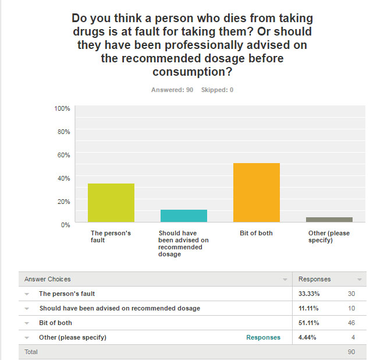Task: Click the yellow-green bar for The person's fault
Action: (111, 203)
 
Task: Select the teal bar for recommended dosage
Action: (184, 216)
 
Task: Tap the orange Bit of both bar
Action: (257, 192)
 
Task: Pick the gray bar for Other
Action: (329, 220)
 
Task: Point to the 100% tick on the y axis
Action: (62, 108)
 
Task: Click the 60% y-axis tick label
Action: (63, 154)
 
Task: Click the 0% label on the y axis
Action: (66, 224)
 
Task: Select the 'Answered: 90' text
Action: (172, 90)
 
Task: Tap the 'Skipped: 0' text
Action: (217, 90)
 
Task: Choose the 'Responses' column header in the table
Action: (315, 279)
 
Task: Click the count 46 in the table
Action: (350, 323)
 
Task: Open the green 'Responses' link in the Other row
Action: (263, 337)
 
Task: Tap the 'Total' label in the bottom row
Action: (31, 352)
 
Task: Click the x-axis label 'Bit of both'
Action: (256, 233)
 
